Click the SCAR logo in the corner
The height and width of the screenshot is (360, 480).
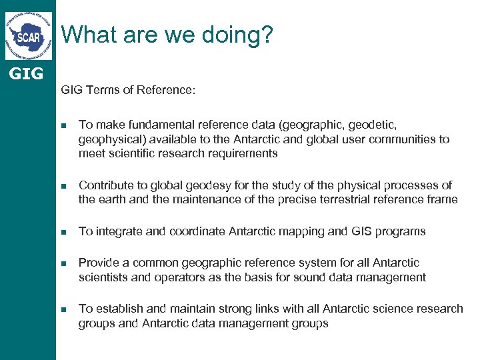pos(28,35)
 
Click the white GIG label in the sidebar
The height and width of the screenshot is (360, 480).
pos(27,73)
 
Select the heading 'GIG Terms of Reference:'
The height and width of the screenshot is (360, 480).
pos(128,89)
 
